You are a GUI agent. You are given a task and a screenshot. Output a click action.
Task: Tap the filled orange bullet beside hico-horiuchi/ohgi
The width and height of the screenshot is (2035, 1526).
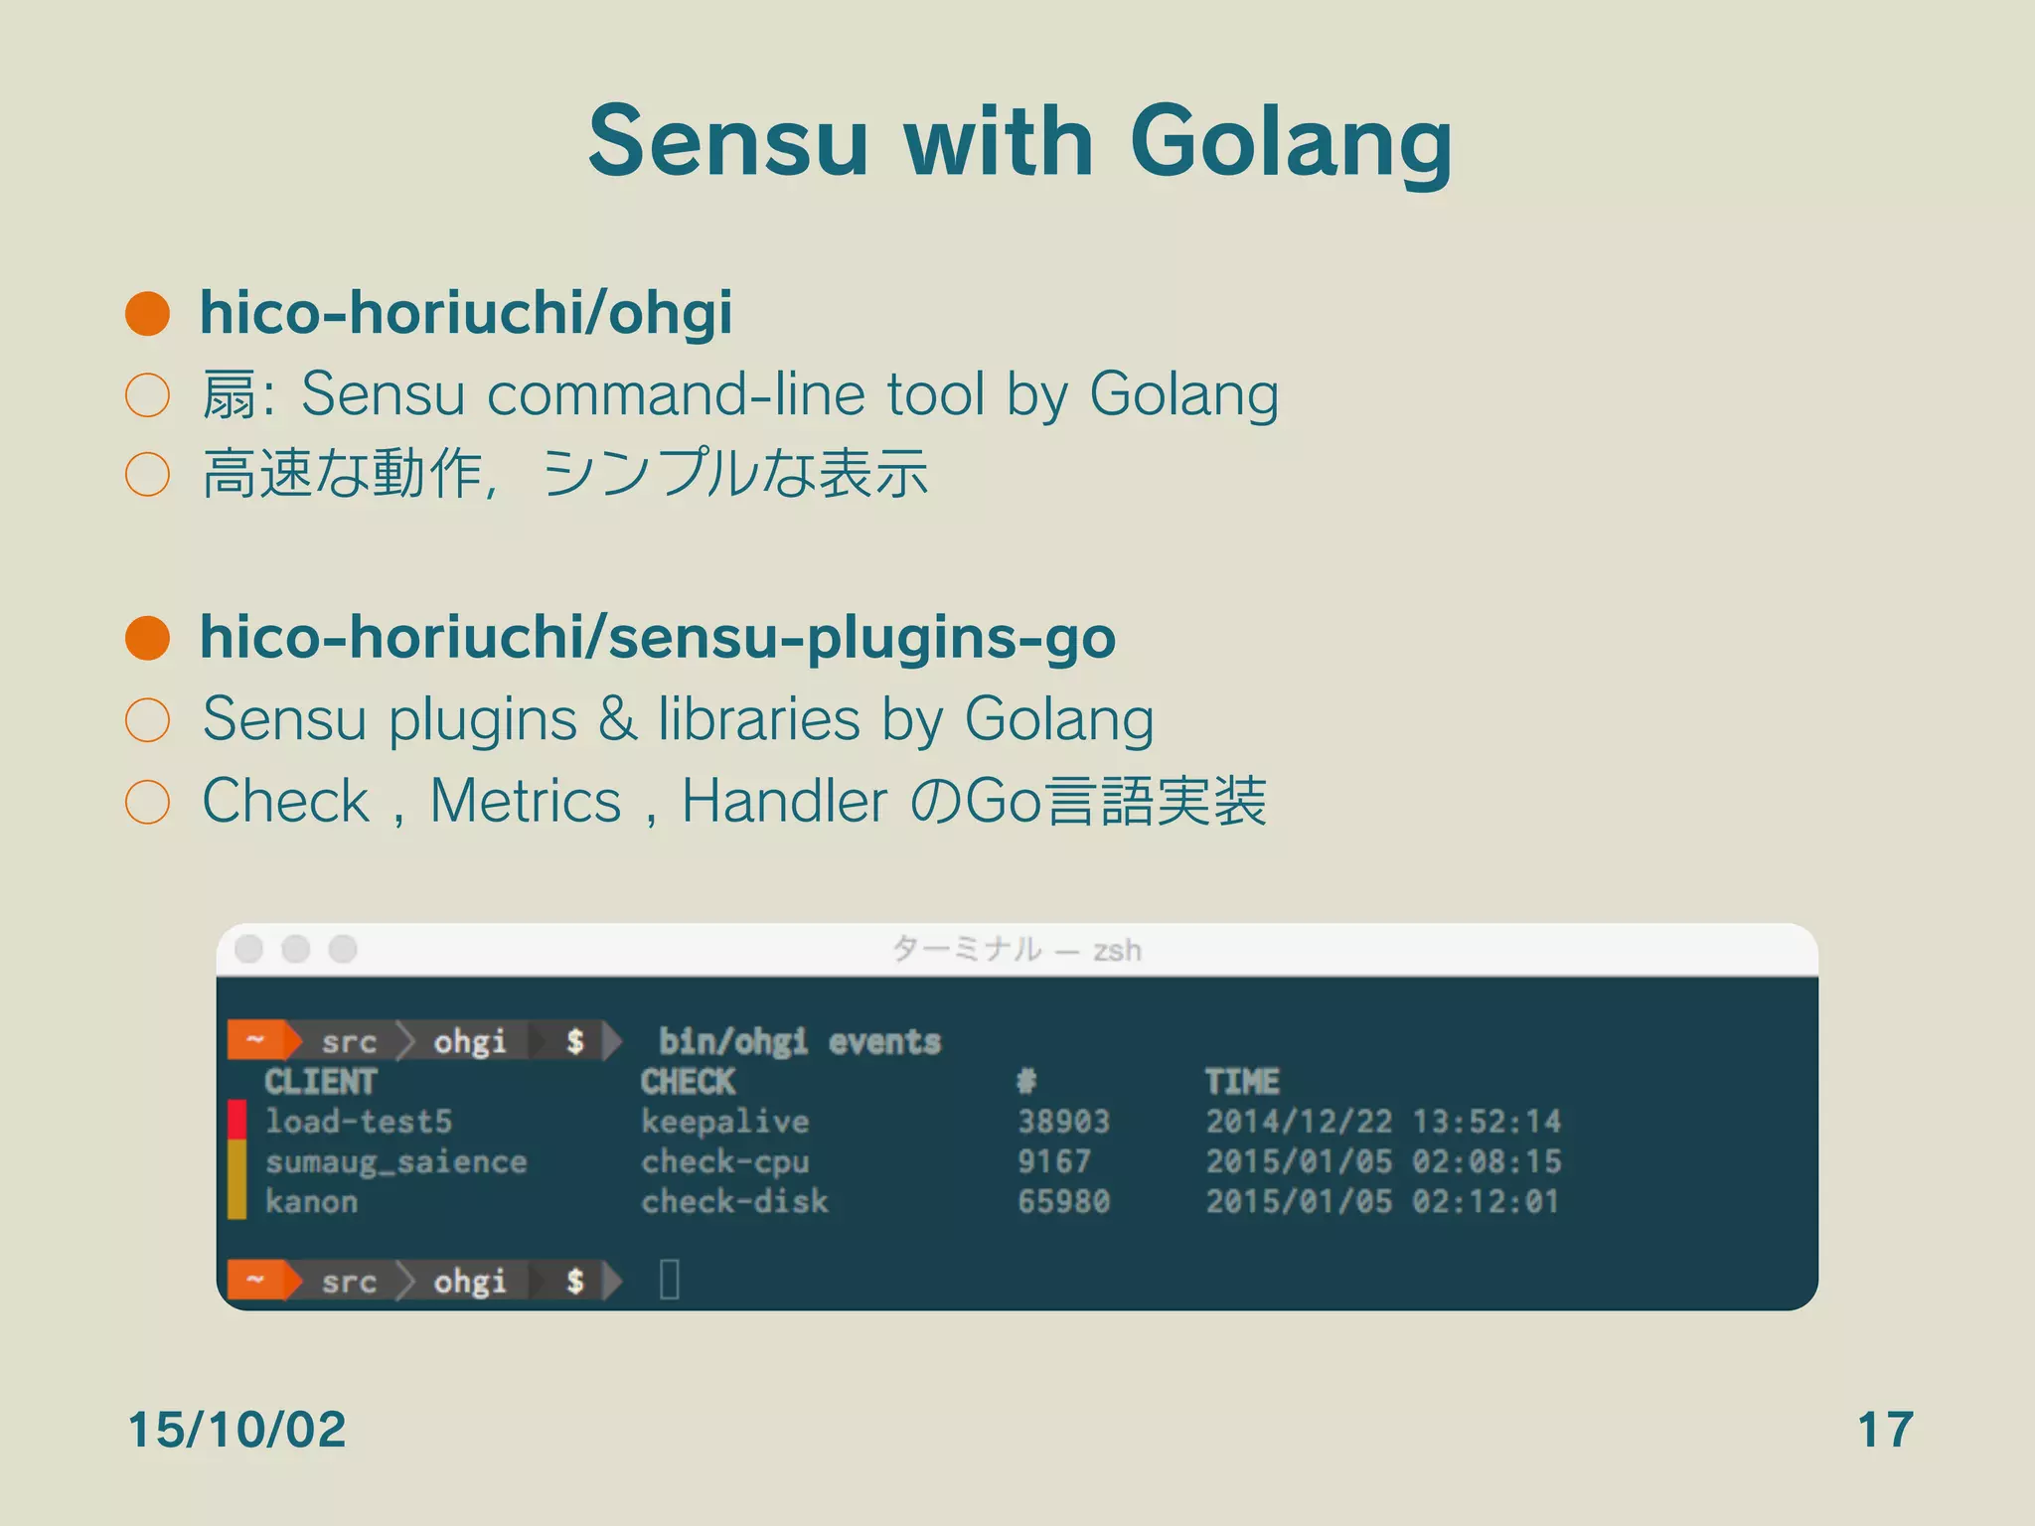point(148,314)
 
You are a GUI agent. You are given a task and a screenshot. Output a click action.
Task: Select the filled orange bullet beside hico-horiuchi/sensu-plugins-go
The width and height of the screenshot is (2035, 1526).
point(148,638)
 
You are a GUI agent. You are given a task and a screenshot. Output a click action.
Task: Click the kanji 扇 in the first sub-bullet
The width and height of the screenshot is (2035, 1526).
point(228,395)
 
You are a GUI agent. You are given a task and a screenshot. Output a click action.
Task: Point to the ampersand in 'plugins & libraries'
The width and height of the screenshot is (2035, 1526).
point(617,718)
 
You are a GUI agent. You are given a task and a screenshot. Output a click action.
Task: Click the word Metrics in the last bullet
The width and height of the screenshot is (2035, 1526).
point(526,801)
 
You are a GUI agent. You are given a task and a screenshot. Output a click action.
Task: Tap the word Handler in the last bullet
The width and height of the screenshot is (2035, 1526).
point(784,801)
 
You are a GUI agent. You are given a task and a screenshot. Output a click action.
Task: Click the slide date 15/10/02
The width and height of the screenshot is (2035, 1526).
point(236,1430)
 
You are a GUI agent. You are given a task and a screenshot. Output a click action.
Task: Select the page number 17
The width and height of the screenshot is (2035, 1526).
point(1885,1430)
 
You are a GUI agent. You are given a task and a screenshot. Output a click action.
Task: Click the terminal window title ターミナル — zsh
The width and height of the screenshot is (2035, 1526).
point(1017,950)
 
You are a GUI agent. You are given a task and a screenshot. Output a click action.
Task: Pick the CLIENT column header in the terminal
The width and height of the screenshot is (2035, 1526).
point(320,1081)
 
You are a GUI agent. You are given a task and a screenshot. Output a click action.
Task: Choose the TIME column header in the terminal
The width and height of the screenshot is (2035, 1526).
point(1242,1081)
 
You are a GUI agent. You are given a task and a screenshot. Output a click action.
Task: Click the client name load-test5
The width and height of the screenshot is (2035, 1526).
point(358,1122)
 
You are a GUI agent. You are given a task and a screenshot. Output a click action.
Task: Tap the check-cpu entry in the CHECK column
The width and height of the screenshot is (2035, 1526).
point(725,1161)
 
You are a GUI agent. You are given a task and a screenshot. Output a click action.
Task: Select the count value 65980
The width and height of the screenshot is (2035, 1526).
point(1063,1201)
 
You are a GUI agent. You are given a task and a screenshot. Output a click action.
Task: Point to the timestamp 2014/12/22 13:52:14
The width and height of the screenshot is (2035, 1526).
point(1383,1122)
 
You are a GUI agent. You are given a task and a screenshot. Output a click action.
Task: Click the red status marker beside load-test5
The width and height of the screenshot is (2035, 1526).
point(236,1120)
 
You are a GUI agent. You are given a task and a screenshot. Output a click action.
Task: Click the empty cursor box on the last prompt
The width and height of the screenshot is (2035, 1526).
point(670,1280)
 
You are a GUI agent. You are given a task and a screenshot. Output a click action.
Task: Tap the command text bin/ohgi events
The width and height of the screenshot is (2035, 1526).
point(800,1041)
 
